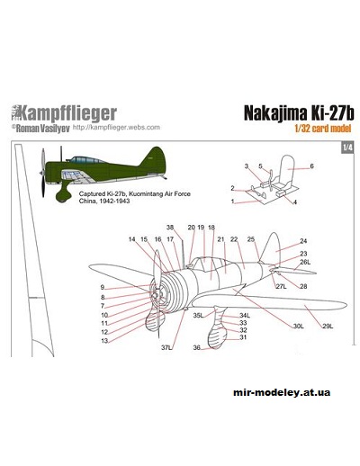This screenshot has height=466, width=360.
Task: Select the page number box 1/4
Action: tap(347, 148)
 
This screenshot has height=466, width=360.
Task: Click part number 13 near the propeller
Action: tap(104, 341)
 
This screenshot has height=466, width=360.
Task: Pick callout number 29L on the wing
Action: tap(328, 326)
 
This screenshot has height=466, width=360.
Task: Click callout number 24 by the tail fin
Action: tap(303, 242)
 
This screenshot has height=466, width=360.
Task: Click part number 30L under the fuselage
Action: tap(298, 326)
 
